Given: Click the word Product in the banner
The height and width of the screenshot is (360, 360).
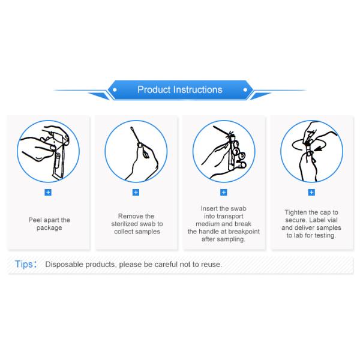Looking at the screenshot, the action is click(154, 89).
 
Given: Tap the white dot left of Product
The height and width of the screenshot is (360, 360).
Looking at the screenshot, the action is click(115, 90).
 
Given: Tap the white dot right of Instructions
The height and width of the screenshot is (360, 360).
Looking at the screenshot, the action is click(245, 90).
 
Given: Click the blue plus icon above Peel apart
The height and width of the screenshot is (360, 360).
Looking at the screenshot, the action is click(48, 192).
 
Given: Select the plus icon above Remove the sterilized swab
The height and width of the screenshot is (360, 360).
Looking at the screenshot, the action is click(136, 192).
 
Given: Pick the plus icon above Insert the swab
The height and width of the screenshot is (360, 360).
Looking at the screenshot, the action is click(224, 192).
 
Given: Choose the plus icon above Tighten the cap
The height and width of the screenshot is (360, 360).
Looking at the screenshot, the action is click(311, 192).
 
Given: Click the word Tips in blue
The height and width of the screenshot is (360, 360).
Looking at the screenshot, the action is click(24, 264).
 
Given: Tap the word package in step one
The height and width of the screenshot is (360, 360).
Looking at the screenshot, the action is click(49, 228).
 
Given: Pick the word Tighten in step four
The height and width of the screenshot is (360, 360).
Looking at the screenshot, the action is click(295, 212).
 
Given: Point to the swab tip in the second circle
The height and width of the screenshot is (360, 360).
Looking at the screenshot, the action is click(132, 128).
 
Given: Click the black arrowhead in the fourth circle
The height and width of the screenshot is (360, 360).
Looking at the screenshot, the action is click(318, 149).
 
